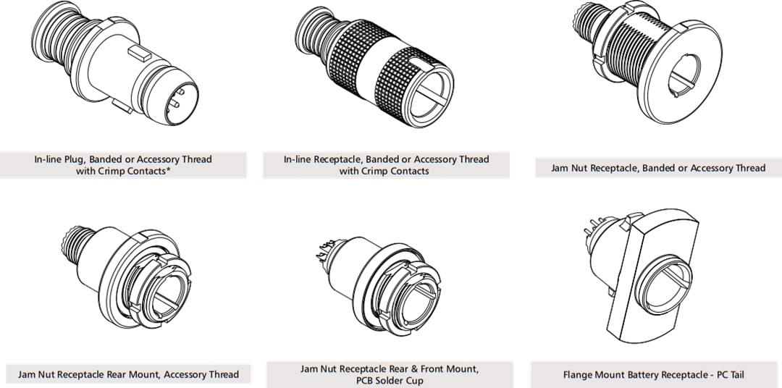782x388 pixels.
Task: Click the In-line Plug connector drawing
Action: pyautogui.click(x=116, y=69)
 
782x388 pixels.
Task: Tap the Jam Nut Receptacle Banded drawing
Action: pyautogui.click(x=638, y=69)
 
